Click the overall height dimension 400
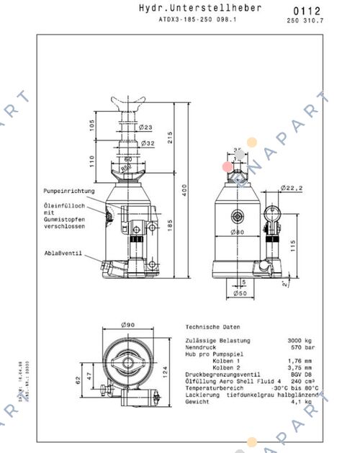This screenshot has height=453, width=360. click(x=184, y=190)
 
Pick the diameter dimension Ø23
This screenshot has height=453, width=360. click(x=145, y=127)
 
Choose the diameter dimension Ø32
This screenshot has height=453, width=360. click(x=148, y=143)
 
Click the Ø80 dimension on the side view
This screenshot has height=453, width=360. click(x=237, y=233)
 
